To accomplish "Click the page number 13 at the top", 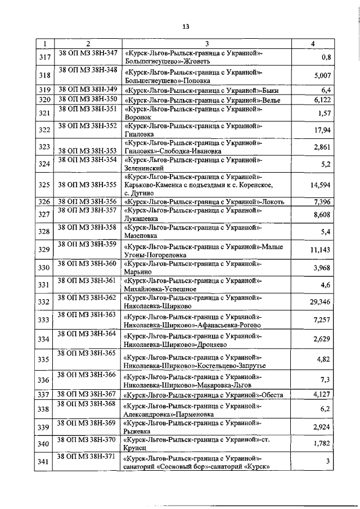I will [x=185, y=26].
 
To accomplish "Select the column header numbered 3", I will [x=207, y=44].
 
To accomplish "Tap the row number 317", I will [x=43, y=57].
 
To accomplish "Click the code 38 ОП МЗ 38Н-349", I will [x=88, y=89].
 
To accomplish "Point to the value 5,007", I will [x=322, y=75].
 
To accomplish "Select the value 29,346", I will [x=319, y=302].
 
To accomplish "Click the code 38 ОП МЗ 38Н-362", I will [x=88, y=297].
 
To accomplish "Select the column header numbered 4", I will [x=313, y=44].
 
